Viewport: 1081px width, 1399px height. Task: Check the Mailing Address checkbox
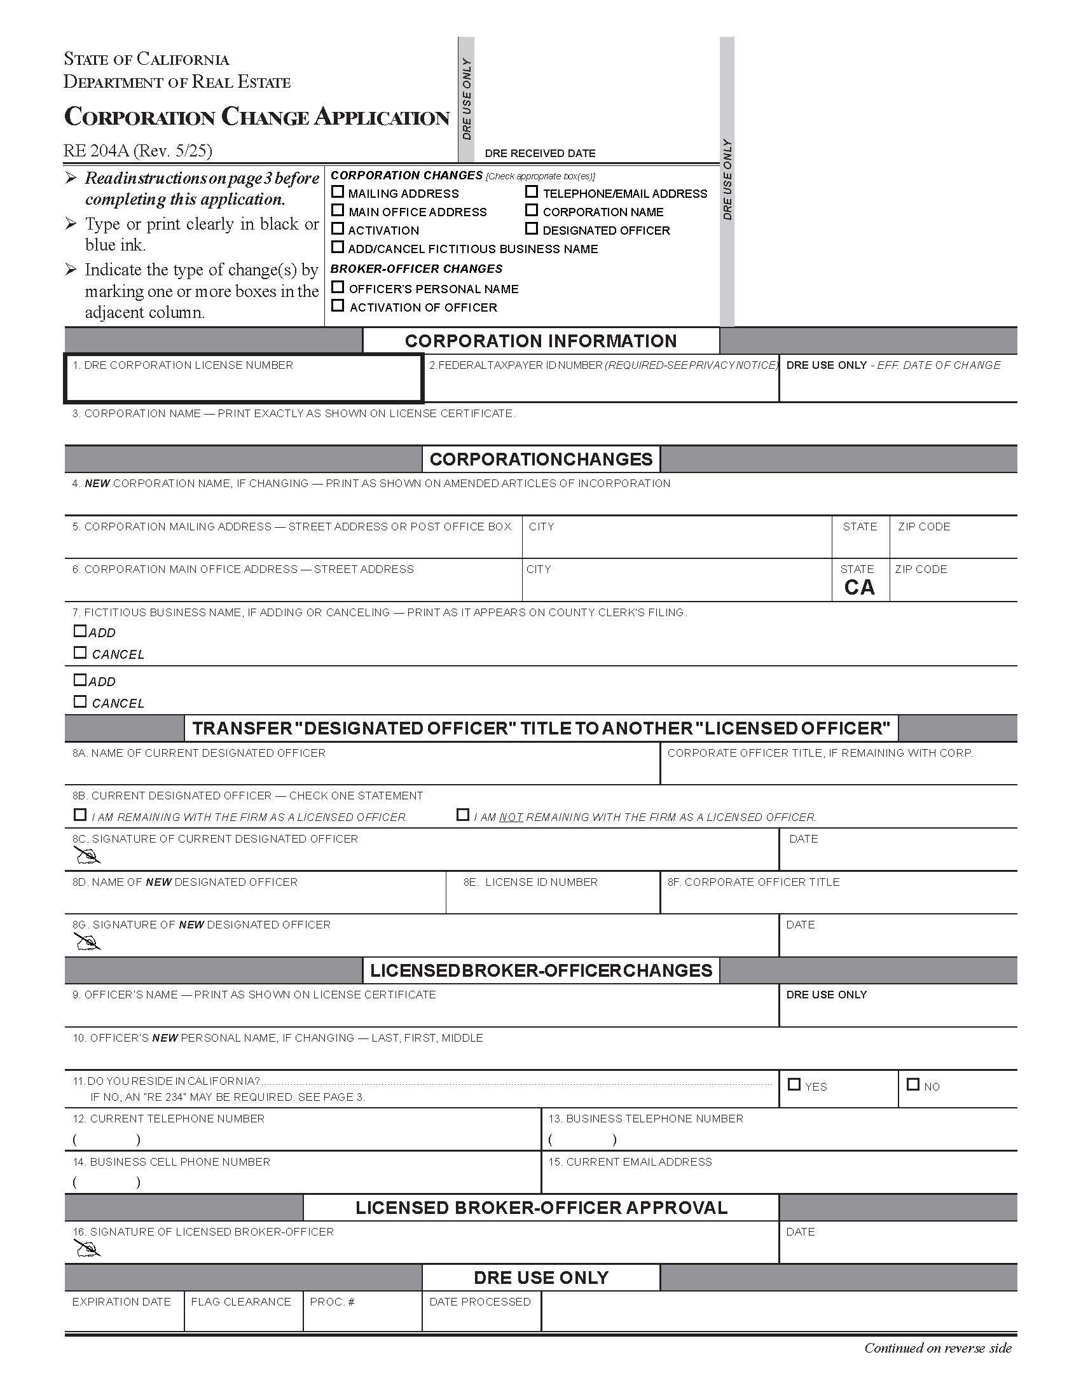click(338, 192)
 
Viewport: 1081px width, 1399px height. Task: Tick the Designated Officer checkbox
click(531, 229)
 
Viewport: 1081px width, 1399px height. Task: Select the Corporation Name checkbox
click(531, 210)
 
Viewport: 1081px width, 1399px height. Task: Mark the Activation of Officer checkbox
click(338, 307)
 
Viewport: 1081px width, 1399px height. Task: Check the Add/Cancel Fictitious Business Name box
click(338, 247)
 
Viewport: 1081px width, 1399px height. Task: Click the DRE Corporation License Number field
click(243, 383)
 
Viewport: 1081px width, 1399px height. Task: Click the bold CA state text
click(859, 588)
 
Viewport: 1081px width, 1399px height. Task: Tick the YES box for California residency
click(794, 1085)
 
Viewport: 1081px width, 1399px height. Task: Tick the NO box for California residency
click(913, 1085)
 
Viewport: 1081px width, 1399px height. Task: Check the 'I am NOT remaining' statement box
click(462, 815)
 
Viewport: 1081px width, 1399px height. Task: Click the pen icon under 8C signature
click(88, 856)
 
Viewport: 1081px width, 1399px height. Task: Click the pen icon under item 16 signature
click(88, 1248)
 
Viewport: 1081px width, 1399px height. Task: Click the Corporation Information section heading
click(540, 341)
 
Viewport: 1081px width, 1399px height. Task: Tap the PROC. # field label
click(332, 1302)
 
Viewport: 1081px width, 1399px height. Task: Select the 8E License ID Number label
click(530, 882)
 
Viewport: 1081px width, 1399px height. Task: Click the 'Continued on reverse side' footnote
click(937, 1348)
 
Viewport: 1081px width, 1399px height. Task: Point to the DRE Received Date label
click(540, 153)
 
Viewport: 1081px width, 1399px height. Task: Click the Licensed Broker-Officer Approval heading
click(540, 1208)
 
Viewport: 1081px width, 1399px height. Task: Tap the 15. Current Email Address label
click(630, 1162)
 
